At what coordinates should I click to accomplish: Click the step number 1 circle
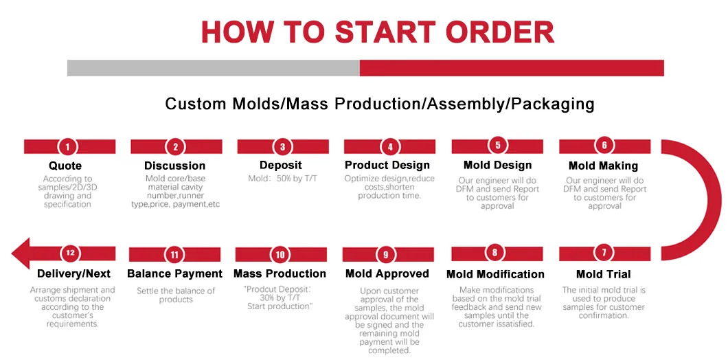click(67, 146)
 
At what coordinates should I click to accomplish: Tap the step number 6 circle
click(604, 146)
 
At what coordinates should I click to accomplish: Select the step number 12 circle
click(69, 253)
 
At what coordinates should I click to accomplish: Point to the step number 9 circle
click(386, 254)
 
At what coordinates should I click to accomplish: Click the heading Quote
click(65, 166)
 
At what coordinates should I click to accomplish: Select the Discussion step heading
click(174, 166)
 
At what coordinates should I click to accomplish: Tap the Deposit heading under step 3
click(280, 165)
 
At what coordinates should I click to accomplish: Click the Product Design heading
click(387, 165)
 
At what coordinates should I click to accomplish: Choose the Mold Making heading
click(603, 166)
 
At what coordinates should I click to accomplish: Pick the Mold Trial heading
click(603, 274)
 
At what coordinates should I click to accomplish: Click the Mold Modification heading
click(495, 274)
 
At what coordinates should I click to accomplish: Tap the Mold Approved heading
click(387, 273)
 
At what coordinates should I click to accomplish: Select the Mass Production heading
click(280, 273)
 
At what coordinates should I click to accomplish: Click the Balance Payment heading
click(174, 273)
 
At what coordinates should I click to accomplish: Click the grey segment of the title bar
click(213, 68)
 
